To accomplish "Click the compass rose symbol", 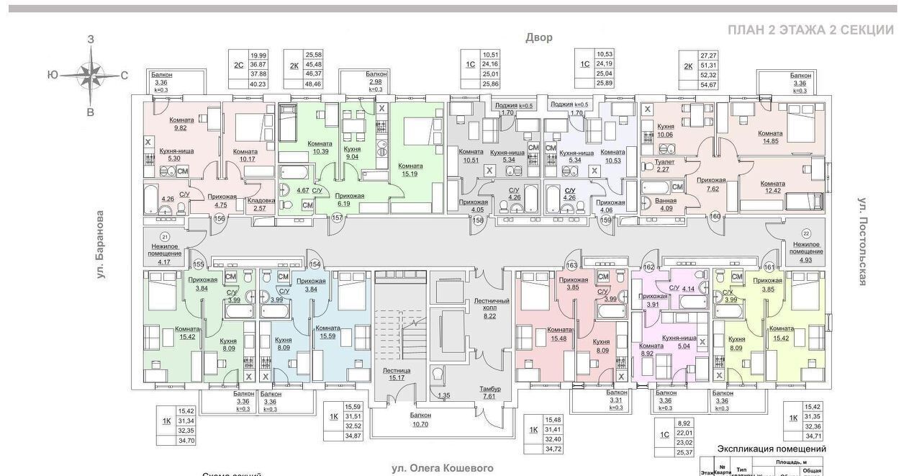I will (x=91, y=74).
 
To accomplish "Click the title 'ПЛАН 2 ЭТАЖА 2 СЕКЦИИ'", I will (x=810, y=30).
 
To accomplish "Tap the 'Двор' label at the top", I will (x=538, y=37).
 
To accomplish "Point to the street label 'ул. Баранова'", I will (x=101, y=245).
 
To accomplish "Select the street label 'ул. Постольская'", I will (x=863, y=241).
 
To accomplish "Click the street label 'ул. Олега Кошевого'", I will (x=443, y=468).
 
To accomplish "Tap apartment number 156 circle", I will (x=220, y=219).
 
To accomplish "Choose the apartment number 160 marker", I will (x=715, y=217).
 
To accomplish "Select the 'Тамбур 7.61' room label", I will (x=491, y=392).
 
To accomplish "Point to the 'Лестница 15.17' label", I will (x=391, y=374).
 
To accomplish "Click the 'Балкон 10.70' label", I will (x=421, y=420).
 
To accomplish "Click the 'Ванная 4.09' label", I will (x=656, y=206).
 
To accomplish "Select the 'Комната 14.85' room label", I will (x=770, y=138).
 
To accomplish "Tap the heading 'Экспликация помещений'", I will (x=772, y=449).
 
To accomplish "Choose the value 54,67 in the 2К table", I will (x=709, y=85).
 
